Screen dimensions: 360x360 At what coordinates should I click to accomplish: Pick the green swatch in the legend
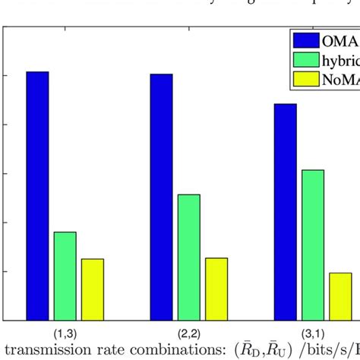click(x=305, y=59)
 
